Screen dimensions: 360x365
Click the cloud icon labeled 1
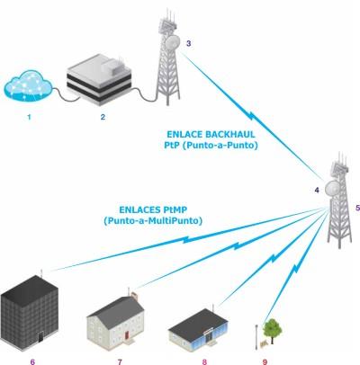click(28, 86)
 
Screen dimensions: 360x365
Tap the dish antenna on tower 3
click(172, 42)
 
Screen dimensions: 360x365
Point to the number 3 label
click(188, 43)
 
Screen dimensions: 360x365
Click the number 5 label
click(357, 208)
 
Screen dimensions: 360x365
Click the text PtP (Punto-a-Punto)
click(211, 146)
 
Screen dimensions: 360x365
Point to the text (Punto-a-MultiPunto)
click(153, 221)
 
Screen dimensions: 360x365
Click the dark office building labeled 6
click(30, 313)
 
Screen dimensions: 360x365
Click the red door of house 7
click(126, 335)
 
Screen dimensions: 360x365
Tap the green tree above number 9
click(273, 330)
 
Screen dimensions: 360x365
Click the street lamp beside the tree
click(256, 337)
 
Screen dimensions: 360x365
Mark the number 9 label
click(265, 361)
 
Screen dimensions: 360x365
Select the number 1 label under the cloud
click(29, 117)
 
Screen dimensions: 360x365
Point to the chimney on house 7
click(134, 296)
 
